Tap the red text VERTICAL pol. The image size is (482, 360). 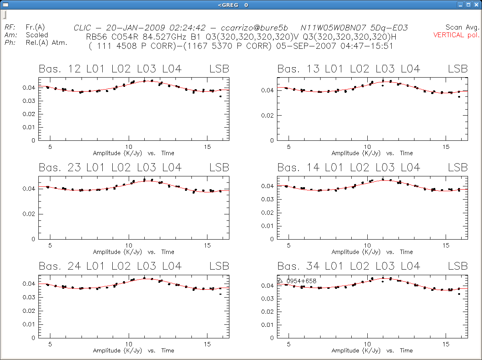(456, 35)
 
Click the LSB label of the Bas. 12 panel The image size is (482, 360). (219, 69)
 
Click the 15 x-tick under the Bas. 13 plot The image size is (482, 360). (446, 147)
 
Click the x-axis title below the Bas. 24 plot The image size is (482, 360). (133, 350)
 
